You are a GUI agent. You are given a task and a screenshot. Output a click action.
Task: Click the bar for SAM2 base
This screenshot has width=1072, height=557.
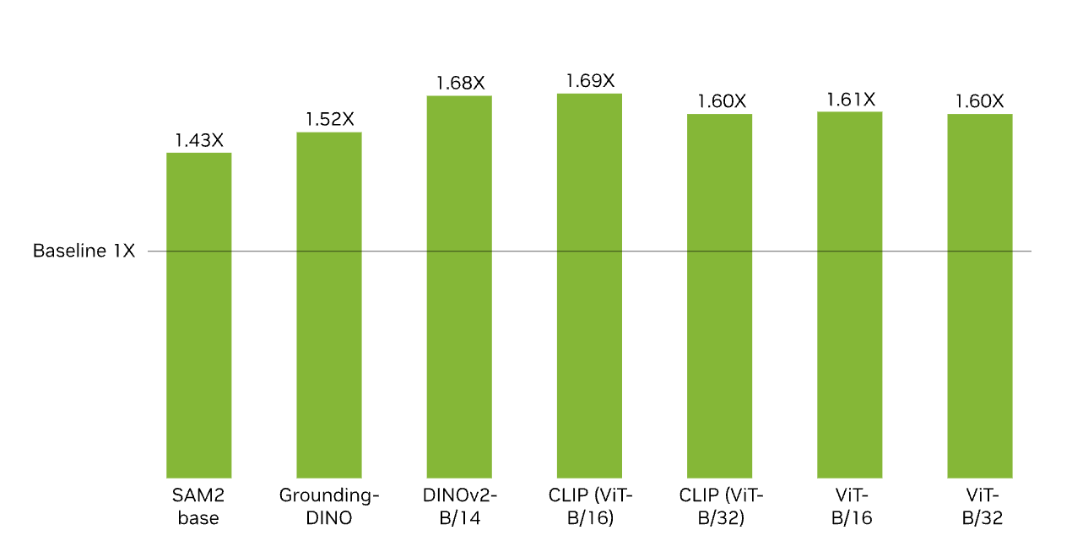pos(198,316)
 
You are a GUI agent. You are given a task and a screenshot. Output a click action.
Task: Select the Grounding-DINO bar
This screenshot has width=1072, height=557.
pos(329,306)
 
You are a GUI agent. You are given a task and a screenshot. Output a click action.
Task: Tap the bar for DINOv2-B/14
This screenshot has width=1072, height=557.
pos(459,287)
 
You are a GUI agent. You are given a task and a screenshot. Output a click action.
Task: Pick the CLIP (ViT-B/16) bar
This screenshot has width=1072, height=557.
pos(589,286)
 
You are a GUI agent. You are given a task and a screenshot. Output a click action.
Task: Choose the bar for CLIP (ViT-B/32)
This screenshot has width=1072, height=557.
pos(719,296)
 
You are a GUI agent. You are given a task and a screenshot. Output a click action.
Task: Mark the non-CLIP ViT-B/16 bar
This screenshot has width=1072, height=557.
pos(849,295)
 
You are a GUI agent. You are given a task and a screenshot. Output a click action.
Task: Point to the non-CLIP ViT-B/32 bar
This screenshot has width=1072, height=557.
pos(979,296)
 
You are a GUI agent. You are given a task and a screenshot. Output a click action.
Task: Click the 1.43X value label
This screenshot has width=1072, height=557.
pos(199,140)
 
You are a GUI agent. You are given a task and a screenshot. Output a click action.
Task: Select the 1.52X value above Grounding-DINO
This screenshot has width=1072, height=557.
pos(329,119)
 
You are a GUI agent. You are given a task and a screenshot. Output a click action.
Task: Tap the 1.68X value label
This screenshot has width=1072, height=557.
pos(460,83)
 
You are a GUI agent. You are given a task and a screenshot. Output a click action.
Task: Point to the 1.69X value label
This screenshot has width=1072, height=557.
pos(590,81)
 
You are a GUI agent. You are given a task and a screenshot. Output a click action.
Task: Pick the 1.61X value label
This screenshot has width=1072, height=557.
pos(850,100)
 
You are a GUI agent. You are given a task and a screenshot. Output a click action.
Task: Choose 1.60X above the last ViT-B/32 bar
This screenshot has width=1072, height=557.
pos(979,101)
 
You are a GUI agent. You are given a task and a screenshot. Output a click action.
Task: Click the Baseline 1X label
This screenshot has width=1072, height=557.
pos(84,251)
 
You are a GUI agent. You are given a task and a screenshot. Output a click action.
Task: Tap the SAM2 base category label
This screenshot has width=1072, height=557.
pos(198,506)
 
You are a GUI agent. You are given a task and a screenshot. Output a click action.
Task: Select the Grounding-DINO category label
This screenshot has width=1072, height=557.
pos(329,506)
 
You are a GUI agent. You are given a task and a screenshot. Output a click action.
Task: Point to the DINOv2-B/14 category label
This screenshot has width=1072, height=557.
pos(460,506)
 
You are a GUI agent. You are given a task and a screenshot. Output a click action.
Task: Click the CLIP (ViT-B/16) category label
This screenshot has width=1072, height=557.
pos(590,506)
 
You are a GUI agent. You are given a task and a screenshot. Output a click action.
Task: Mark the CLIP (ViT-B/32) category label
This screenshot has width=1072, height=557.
pos(720,506)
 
